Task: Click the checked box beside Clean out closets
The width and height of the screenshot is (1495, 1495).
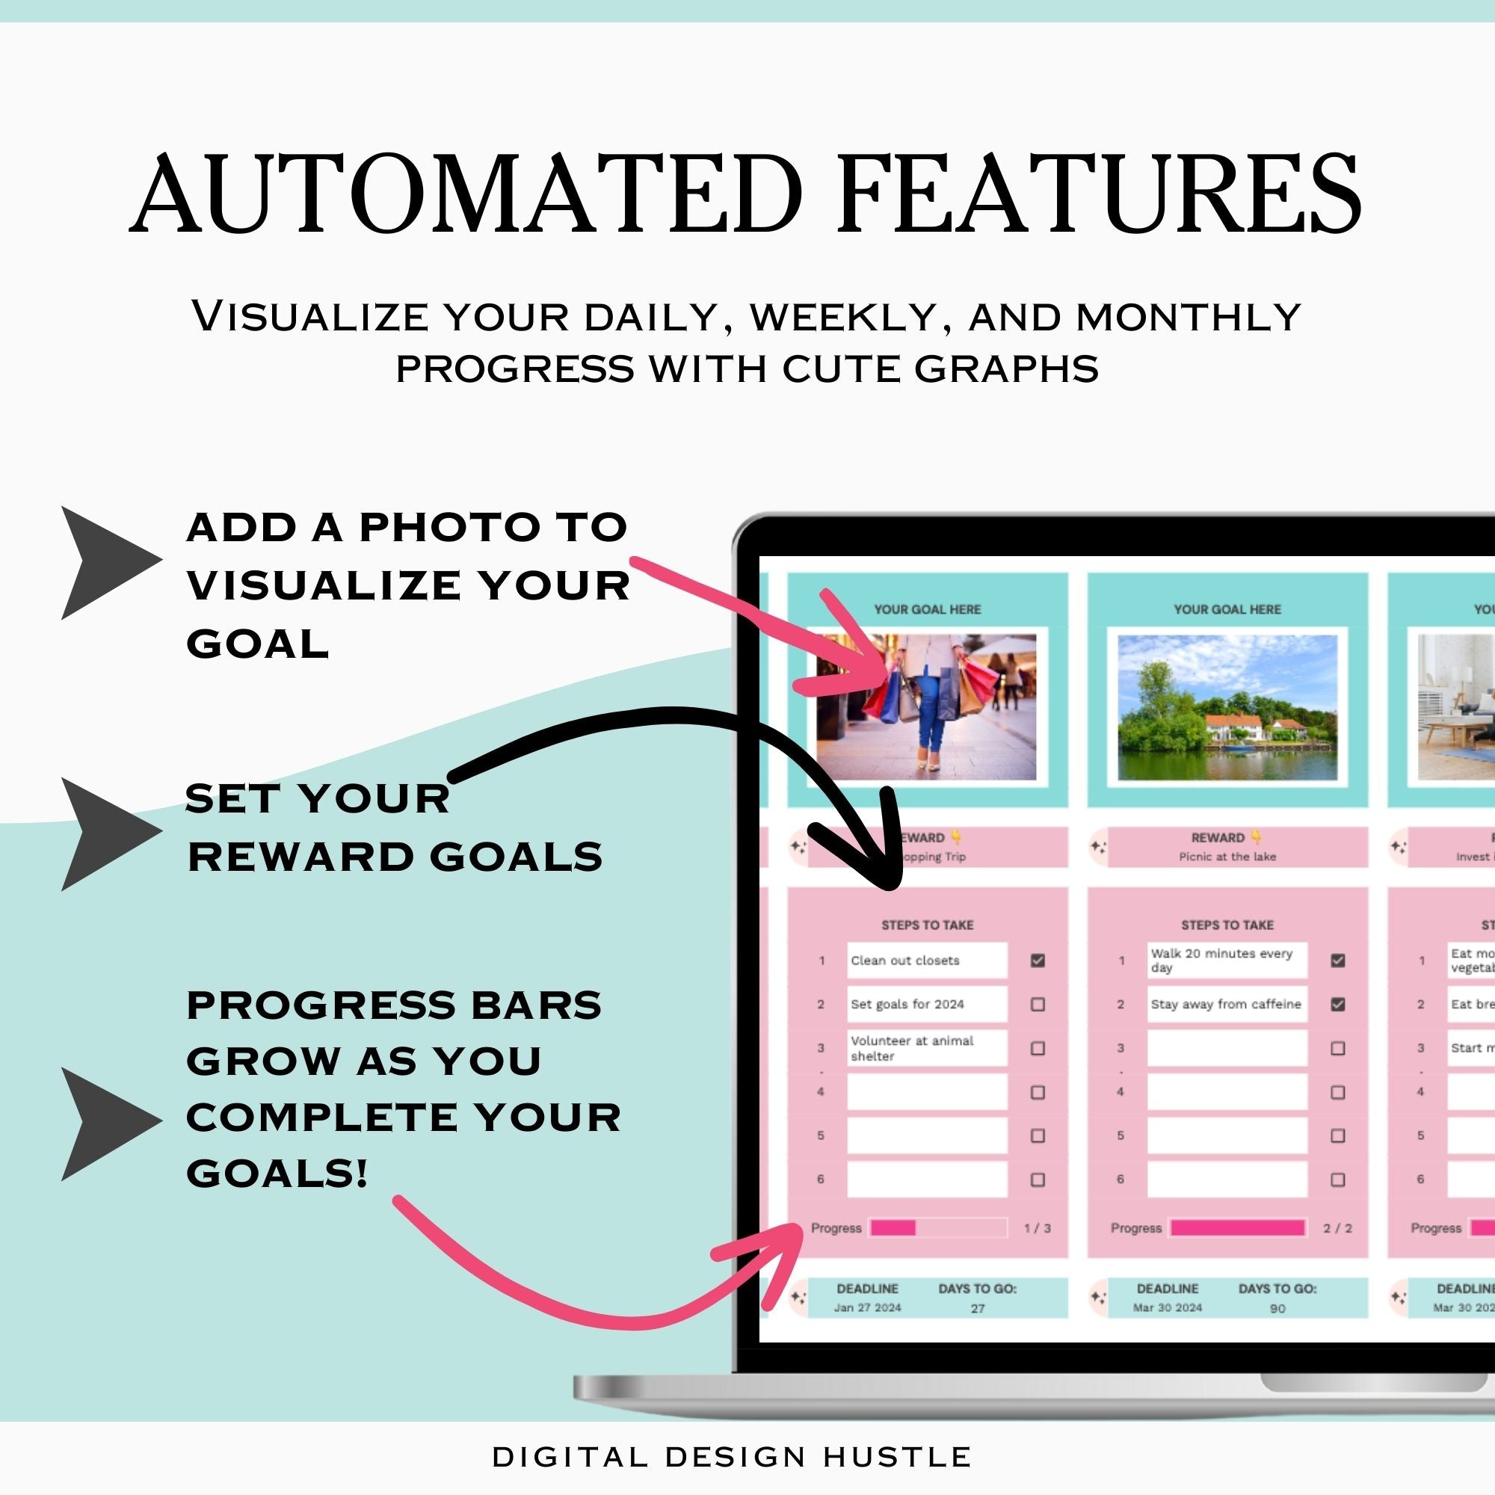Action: [1038, 961]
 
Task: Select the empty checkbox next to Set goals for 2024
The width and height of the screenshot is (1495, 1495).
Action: [1038, 1005]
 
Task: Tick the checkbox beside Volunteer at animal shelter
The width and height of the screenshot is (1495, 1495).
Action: [1038, 1049]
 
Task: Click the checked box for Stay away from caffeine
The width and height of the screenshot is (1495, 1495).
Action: [1337, 1005]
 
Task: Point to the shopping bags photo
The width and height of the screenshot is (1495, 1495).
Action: [926, 707]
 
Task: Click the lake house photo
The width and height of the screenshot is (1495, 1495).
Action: [1227, 707]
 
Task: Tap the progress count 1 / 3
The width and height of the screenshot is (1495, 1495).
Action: [1037, 1228]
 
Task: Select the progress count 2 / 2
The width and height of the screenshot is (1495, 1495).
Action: [1337, 1228]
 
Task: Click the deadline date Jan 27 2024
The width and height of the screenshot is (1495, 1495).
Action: [867, 1307]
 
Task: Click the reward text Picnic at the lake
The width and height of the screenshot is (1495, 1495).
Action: [1227, 857]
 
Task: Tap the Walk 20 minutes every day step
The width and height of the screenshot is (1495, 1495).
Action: [1227, 961]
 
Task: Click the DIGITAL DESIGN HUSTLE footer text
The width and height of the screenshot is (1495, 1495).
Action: [732, 1457]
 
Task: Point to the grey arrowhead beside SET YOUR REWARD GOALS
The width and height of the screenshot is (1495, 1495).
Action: [105, 834]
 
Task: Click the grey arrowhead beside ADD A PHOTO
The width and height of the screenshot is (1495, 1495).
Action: [105, 563]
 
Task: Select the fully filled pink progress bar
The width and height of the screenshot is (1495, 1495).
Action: [1237, 1228]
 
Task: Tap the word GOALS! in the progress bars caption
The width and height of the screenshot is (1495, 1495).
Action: [277, 1173]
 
